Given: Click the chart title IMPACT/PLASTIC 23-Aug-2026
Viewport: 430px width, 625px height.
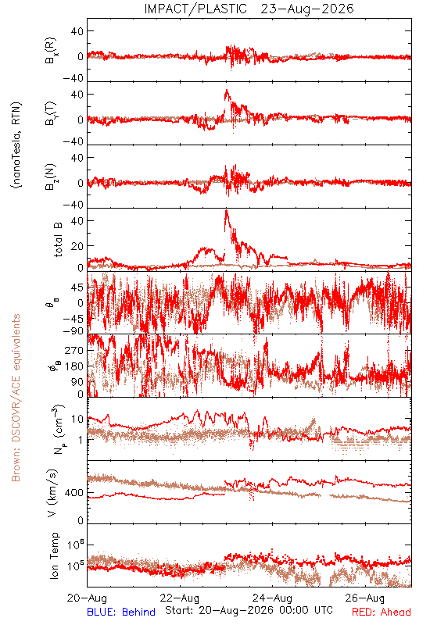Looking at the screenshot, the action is (x=249, y=9).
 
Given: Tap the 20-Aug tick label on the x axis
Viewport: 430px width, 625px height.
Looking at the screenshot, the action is (x=87, y=598).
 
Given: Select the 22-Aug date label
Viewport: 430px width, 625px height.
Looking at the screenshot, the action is (x=180, y=598).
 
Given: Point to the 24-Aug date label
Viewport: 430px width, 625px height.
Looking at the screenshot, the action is (x=272, y=598).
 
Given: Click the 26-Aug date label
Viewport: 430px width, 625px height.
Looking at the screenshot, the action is (x=365, y=598).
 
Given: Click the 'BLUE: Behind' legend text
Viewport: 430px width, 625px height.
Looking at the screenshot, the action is (x=121, y=612).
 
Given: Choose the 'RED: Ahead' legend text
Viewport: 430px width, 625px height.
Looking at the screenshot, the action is (x=382, y=612).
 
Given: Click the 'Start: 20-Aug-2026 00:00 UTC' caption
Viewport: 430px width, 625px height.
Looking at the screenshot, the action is (x=249, y=610).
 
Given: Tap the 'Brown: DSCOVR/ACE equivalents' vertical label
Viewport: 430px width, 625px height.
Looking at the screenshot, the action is (x=16, y=398).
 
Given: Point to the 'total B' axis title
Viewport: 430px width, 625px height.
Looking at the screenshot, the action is (x=58, y=240).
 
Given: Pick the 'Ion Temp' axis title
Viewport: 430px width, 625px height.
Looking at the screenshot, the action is (x=54, y=555).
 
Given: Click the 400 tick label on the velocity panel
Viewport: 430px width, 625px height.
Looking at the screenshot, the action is (x=74, y=493).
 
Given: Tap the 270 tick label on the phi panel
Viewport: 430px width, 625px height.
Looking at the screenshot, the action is (x=74, y=350).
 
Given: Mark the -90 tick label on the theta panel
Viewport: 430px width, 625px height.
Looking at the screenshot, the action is (x=73, y=331).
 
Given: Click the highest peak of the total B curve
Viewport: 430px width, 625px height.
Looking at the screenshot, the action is (x=227, y=210).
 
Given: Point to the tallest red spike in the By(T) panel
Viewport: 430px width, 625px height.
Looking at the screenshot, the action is (x=227, y=90).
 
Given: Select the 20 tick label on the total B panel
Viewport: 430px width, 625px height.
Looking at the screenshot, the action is (x=77, y=246).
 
